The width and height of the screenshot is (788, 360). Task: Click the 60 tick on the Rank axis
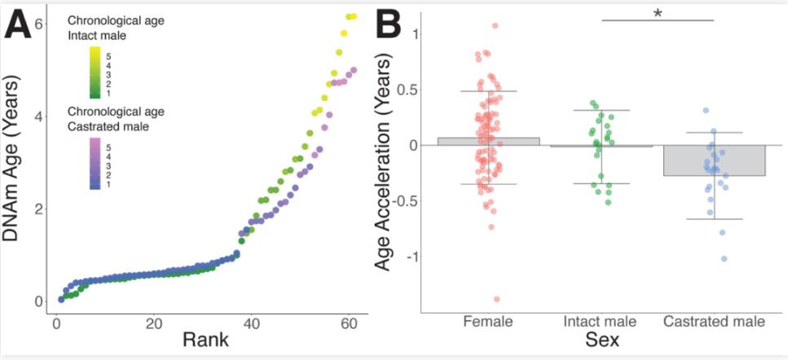(x=350, y=323)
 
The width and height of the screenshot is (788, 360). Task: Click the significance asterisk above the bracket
(x=656, y=14)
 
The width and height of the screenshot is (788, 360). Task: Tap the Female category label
(x=488, y=322)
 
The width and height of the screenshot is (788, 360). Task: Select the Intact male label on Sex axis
(x=602, y=322)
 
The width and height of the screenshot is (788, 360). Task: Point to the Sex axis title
(x=601, y=340)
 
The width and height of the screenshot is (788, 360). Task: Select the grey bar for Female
(x=488, y=142)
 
